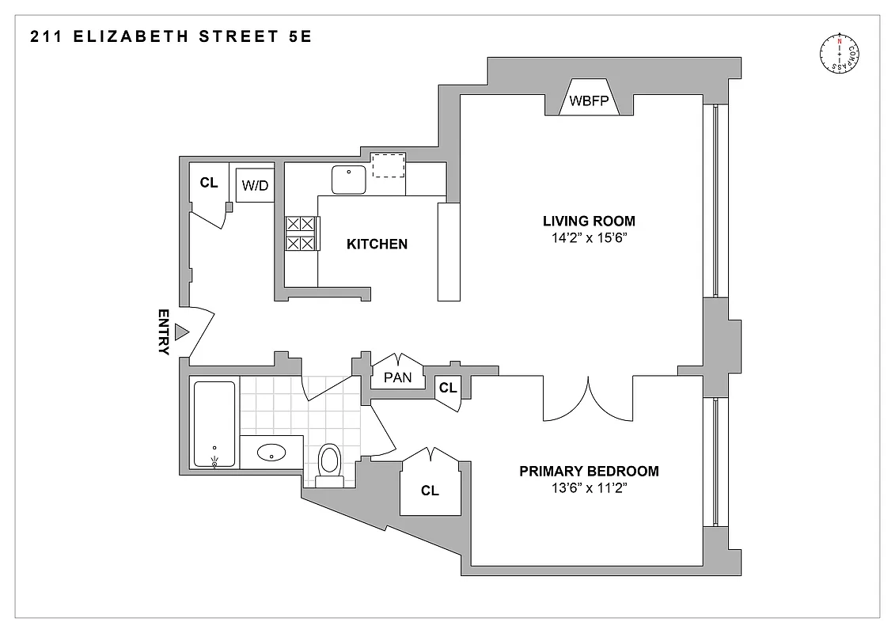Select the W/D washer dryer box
tap(255, 186)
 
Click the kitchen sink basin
tap(348, 179)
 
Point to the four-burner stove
tap(300, 234)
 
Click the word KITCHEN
tap(377, 244)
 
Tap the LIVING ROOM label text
tap(588, 221)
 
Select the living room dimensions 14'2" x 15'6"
tap(588, 237)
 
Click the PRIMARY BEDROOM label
tap(588, 472)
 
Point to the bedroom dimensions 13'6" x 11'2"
tap(588, 488)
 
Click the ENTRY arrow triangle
tap(181, 332)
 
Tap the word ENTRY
tap(164, 332)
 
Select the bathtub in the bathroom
tap(214, 425)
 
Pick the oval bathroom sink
tap(273, 453)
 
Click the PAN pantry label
tap(397, 377)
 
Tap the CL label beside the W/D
tap(208, 183)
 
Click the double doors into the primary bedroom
tap(587, 400)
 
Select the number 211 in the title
tap(47, 36)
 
